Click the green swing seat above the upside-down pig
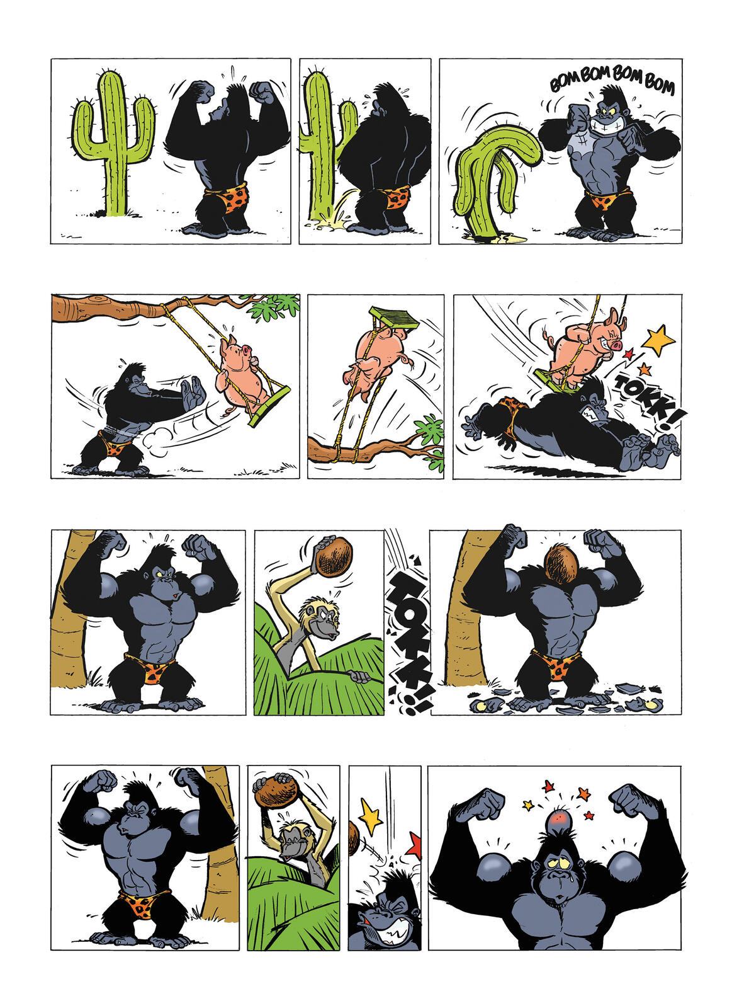[394, 318]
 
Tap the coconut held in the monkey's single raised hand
[334, 557]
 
